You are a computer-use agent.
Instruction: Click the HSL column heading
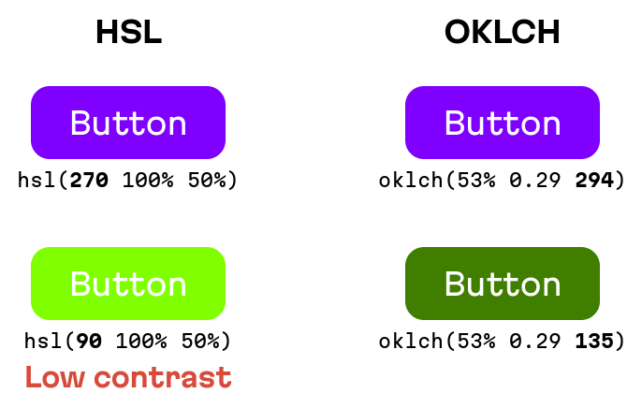(x=128, y=33)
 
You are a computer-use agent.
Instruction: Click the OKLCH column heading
(x=502, y=33)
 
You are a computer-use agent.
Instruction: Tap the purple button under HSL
(x=128, y=123)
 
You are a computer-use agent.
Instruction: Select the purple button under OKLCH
(x=502, y=123)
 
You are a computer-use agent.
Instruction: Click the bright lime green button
(x=128, y=284)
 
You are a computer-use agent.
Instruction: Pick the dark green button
(x=502, y=284)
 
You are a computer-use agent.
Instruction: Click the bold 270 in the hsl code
(x=90, y=180)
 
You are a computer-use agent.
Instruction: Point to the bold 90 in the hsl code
(x=90, y=341)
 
